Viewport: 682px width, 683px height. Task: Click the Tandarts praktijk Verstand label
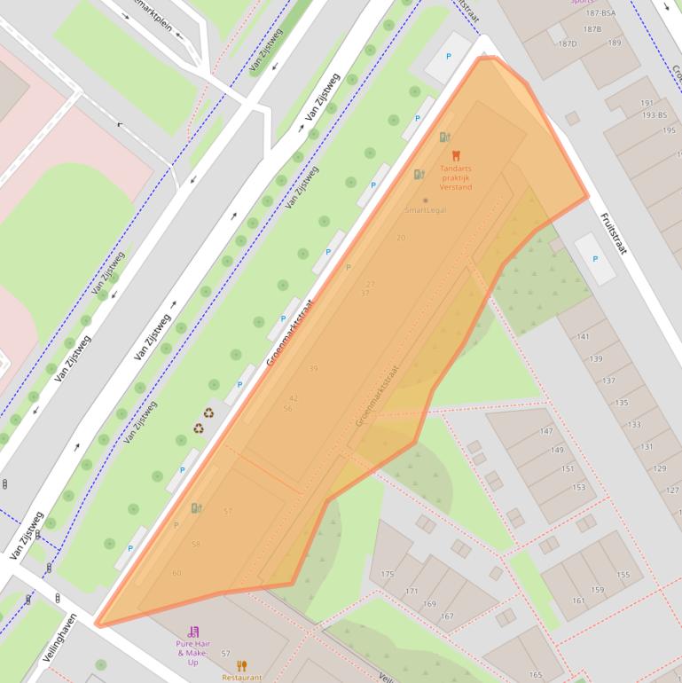pyautogui.click(x=456, y=177)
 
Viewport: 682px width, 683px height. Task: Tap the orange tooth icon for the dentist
pyautogui.click(x=456, y=156)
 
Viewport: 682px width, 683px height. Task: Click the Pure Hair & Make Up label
pyautogui.click(x=192, y=653)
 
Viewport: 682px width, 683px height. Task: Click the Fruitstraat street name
pyautogui.click(x=613, y=233)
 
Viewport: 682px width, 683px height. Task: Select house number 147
pyautogui.click(x=545, y=432)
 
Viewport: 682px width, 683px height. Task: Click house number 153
pyautogui.click(x=578, y=487)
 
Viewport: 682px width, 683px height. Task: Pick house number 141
pyautogui.click(x=583, y=337)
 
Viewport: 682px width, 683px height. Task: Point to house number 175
pyautogui.click(x=387, y=575)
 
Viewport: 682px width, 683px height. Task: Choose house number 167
pyautogui.click(x=447, y=616)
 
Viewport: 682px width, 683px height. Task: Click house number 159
pyautogui.click(x=597, y=590)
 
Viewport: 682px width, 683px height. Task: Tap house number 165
pyautogui.click(x=536, y=675)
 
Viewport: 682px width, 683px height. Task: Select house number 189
pyautogui.click(x=614, y=43)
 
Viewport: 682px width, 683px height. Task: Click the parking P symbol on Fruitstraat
pyautogui.click(x=595, y=259)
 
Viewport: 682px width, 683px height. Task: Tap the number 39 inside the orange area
pyautogui.click(x=313, y=368)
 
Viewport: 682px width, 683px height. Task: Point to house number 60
pyautogui.click(x=176, y=573)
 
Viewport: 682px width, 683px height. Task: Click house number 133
pyautogui.click(x=634, y=425)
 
